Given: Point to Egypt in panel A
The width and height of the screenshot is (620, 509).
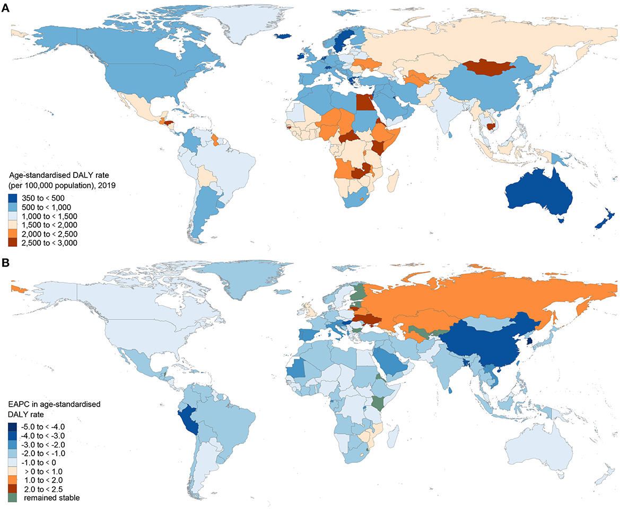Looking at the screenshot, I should coord(363,101).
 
